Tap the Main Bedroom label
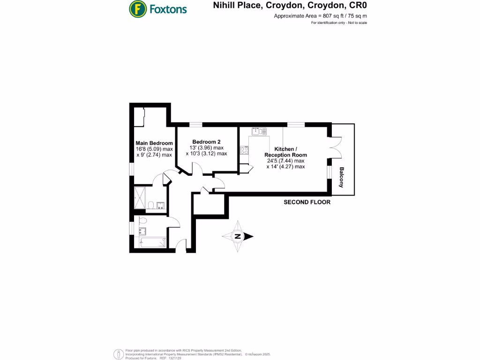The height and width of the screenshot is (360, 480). (x=154, y=143)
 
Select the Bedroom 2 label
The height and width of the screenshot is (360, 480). (x=206, y=142)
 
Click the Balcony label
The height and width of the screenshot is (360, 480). (x=342, y=177)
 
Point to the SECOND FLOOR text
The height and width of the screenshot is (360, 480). (x=307, y=202)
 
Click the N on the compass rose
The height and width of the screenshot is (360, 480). (x=238, y=237)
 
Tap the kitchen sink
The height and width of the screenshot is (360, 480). (x=258, y=131)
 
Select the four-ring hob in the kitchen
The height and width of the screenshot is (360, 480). (x=244, y=150)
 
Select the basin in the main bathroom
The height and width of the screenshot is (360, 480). (x=142, y=231)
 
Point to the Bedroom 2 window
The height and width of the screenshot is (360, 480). (x=196, y=124)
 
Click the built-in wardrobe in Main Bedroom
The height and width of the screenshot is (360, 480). (x=139, y=116)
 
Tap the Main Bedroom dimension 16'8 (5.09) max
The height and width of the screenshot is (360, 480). (x=154, y=149)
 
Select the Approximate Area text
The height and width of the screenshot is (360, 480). (x=320, y=15)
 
